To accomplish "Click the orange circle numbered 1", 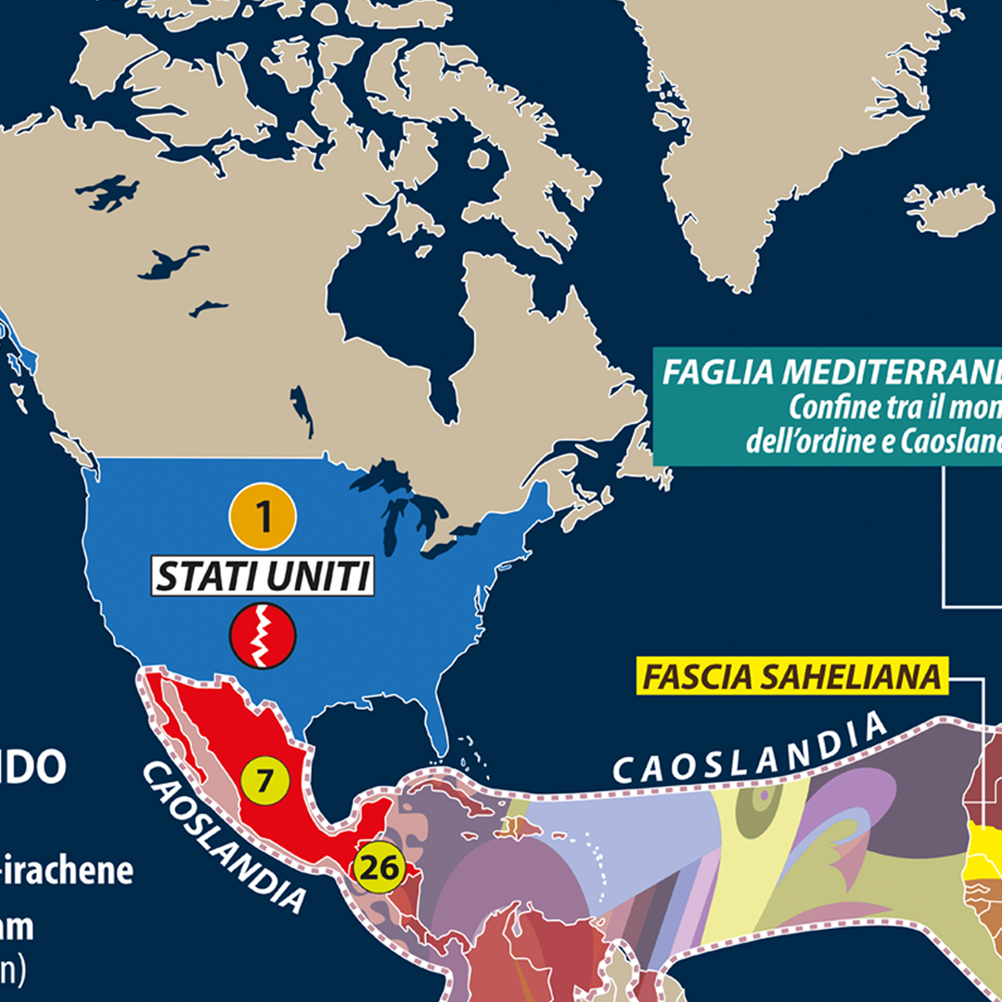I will tap(263, 518).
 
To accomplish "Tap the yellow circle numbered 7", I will tap(264, 781).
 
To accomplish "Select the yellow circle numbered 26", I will tap(378, 868).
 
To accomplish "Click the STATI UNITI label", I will tap(263, 577).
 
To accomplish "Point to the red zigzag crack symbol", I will tap(263, 636).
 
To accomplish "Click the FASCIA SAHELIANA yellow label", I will tap(792, 677).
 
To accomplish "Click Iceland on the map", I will tap(948, 208).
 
